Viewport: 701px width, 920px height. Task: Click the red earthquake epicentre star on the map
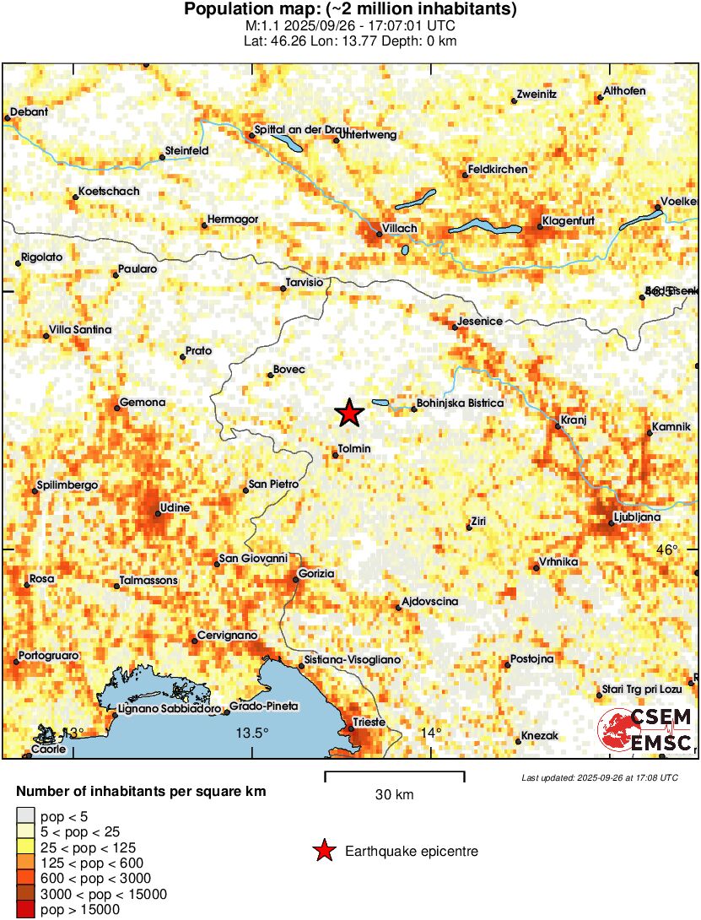pos(348,413)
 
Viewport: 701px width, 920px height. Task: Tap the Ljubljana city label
pos(637,516)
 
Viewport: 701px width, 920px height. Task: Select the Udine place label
pos(175,508)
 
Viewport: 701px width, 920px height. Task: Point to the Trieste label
pos(369,722)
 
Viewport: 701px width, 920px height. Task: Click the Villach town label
pos(401,229)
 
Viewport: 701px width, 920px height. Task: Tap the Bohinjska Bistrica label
pos(461,403)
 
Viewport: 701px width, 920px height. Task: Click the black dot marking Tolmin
pos(336,456)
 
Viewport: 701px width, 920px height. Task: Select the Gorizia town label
pos(316,574)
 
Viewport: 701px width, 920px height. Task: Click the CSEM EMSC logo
pos(645,730)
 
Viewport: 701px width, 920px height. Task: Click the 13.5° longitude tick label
pos(252,732)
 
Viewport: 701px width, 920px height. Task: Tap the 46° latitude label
pos(667,549)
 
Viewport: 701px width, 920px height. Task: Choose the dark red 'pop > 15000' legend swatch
pos(27,909)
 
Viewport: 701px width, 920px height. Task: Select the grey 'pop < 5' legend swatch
pos(27,815)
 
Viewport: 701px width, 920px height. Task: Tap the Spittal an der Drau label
pos(301,130)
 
